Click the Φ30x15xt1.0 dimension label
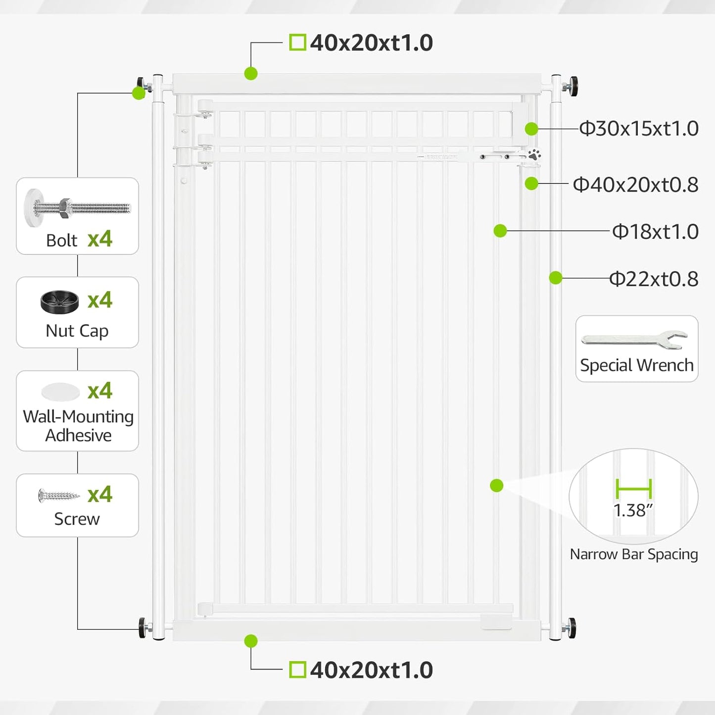(639, 128)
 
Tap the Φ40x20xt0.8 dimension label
(636, 185)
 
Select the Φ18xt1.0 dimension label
(655, 231)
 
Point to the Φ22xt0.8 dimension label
(654, 279)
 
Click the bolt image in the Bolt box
(78, 208)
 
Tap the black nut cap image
(60, 302)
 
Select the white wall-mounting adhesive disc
(60, 392)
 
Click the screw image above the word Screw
(59, 495)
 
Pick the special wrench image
(634, 339)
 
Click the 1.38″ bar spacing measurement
(633, 510)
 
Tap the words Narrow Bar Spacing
(634, 554)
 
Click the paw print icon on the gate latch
(534, 154)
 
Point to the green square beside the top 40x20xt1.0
(297, 42)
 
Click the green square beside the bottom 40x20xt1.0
(297, 670)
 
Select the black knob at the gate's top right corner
(573, 87)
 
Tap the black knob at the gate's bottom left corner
(142, 628)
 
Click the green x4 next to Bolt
(100, 239)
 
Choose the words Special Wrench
(637, 365)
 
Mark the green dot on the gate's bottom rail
(251, 641)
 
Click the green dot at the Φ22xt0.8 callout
(556, 278)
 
